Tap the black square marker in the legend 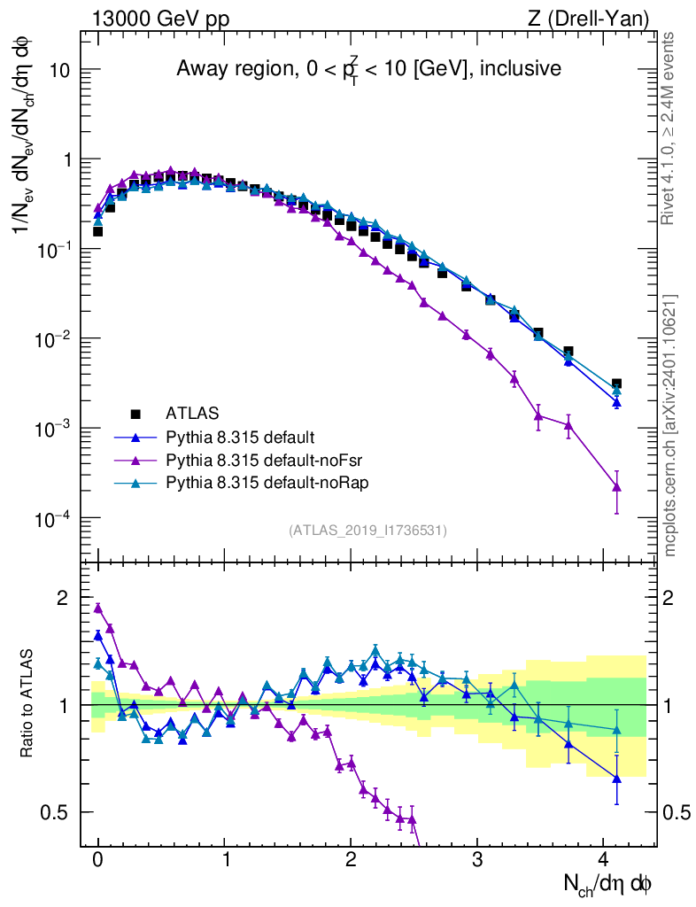click(x=135, y=413)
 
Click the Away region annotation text click(x=368, y=68)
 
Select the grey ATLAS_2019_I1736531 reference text click(x=367, y=531)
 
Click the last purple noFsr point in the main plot click(x=616, y=486)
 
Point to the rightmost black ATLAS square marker click(x=616, y=384)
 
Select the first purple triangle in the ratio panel click(x=98, y=609)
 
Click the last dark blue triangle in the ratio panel click(x=616, y=779)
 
